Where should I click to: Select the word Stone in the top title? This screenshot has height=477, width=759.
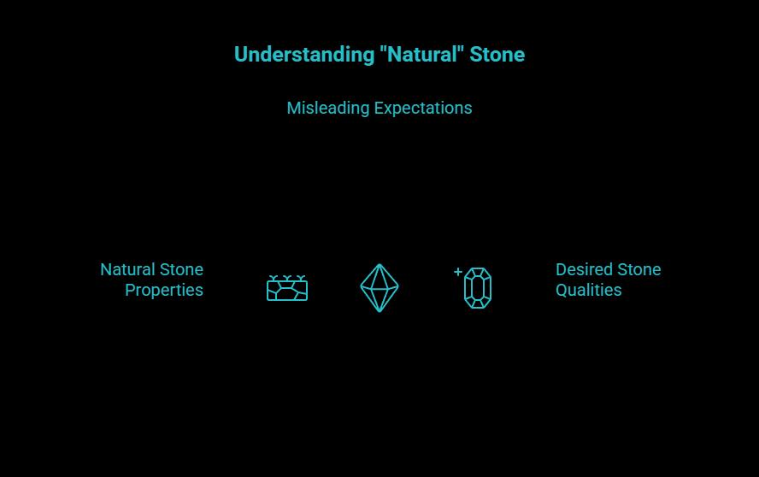[497, 55]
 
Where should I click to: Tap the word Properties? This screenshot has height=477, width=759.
[164, 291]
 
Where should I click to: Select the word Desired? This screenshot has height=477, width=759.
[584, 270]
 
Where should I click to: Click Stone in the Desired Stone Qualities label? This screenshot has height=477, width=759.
[639, 270]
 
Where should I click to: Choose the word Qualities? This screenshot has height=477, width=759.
[589, 291]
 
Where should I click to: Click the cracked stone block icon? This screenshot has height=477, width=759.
[287, 291]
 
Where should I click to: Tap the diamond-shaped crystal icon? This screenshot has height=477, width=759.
[379, 288]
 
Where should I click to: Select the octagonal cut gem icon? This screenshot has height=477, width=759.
[478, 288]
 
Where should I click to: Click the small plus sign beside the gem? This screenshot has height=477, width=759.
[458, 272]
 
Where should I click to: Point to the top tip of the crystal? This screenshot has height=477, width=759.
[379, 265]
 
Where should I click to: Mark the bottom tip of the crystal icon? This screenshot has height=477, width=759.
[379, 311]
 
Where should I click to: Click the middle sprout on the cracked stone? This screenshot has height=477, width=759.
[287, 278]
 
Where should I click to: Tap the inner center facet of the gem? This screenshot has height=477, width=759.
[478, 288]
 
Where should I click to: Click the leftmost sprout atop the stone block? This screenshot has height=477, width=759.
[273, 278]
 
